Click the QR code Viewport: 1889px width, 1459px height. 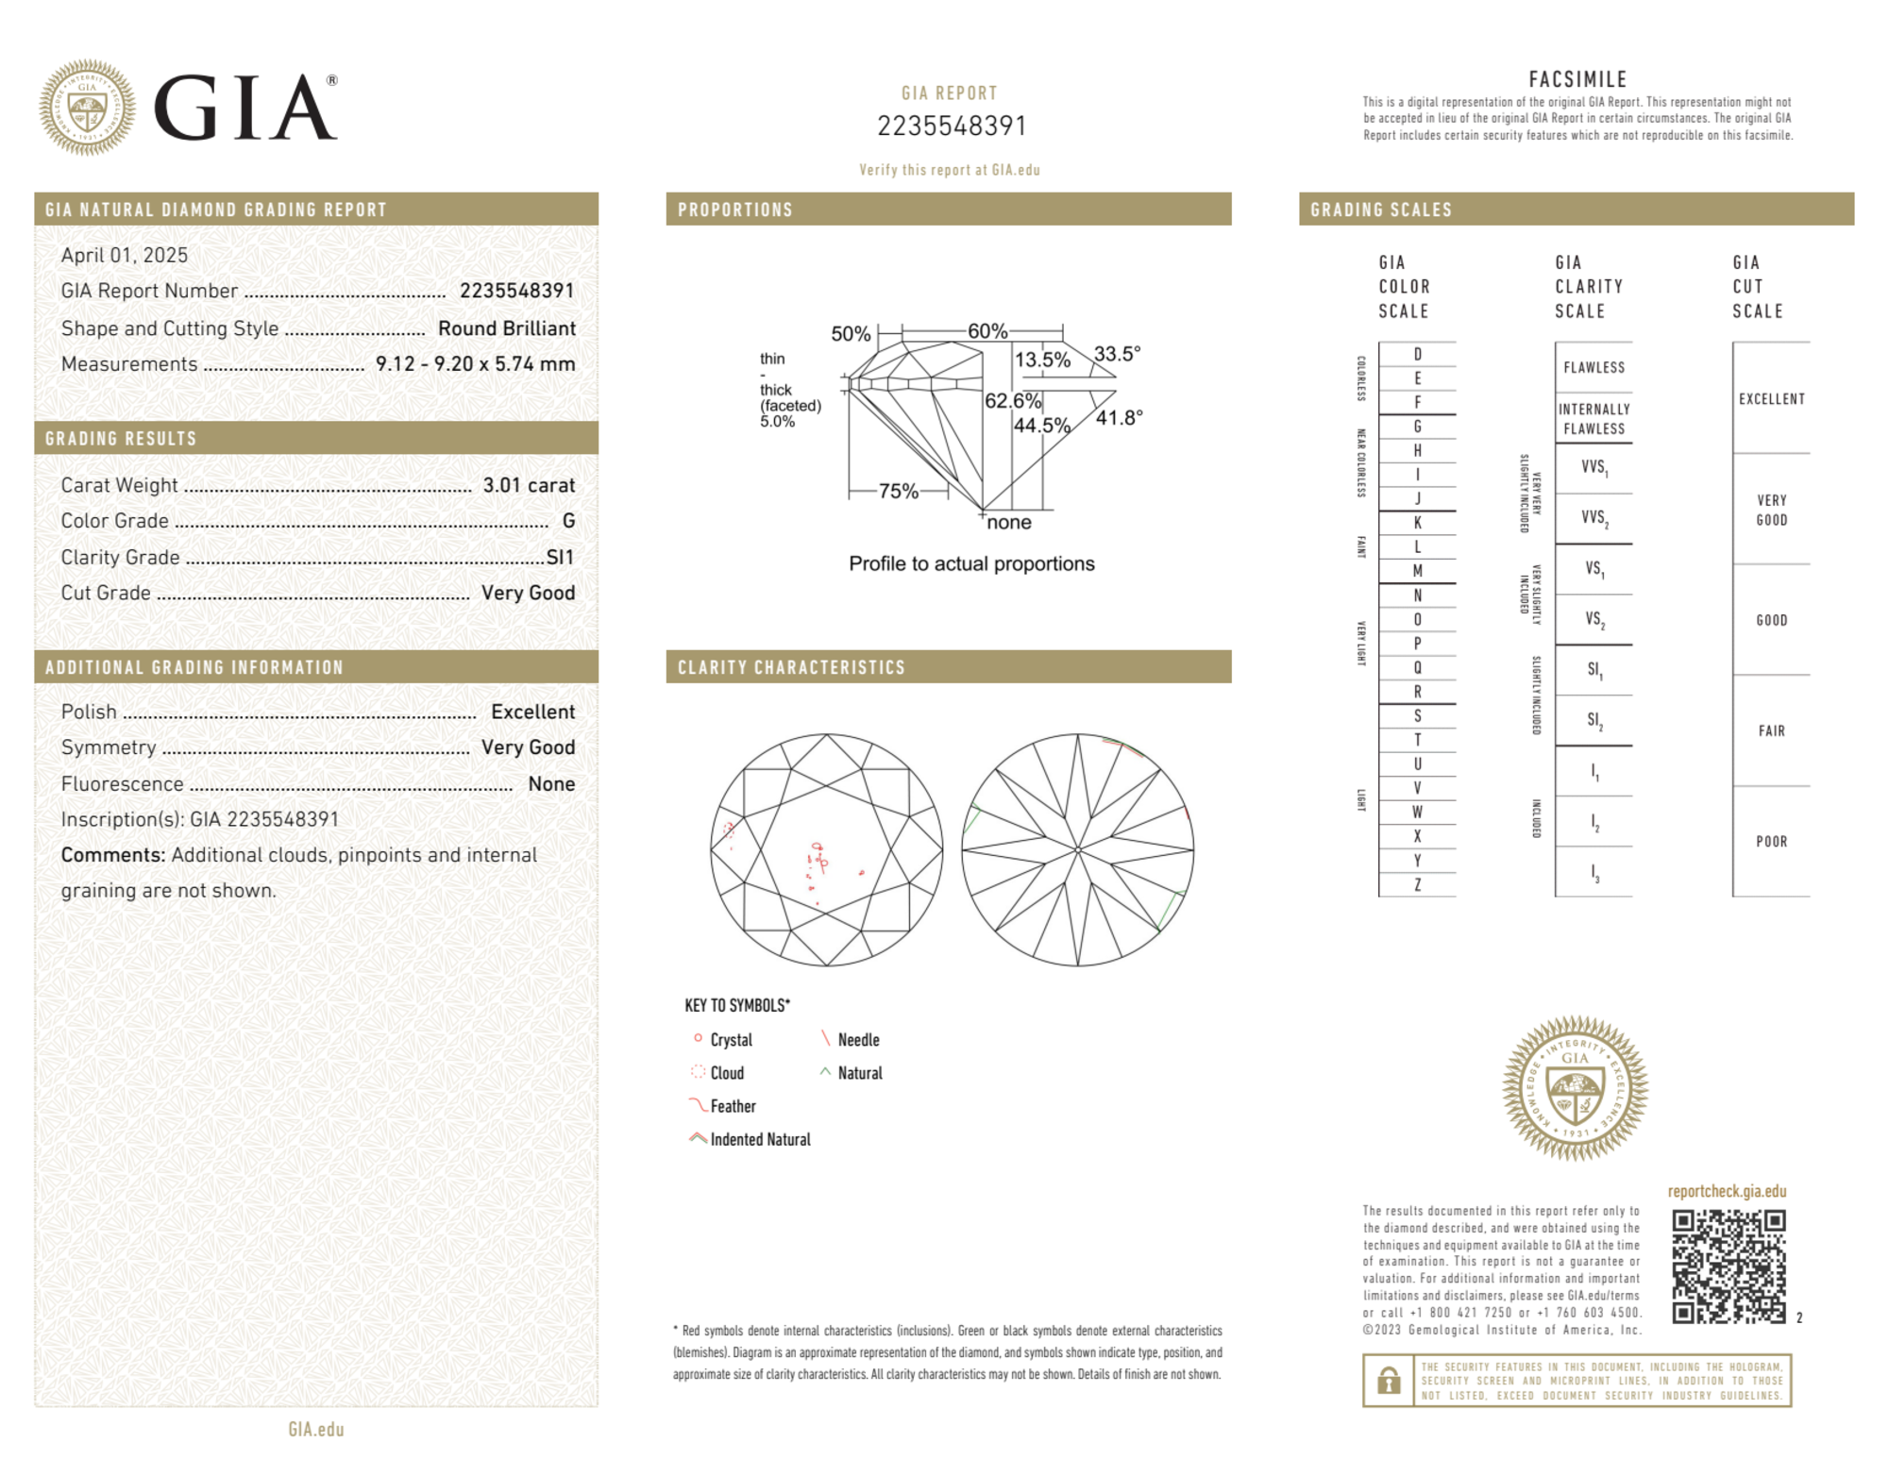click(1728, 1266)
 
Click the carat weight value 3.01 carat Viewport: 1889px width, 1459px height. click(529, 485)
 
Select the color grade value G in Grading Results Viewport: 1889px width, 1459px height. click(568, 521)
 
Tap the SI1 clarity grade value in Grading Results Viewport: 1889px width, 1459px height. click(560, 557)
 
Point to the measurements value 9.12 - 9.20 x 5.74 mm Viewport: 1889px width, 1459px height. click(475, 364)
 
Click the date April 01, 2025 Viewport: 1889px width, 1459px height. click(125, 255)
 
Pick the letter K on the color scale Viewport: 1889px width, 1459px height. click(1417, 523)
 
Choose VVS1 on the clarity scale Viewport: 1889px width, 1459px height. click(1594, 467)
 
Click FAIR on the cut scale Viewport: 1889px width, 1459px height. click(1771, 730)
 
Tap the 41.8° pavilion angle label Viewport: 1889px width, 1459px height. click(1119, 417)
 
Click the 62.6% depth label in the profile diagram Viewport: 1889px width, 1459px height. click(1012, 401)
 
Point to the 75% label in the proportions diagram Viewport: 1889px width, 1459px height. click(898, 491)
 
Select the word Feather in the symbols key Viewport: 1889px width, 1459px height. click(733, 1106)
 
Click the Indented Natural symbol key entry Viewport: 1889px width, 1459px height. click(760, 1139)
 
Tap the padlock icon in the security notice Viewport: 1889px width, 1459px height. click(1388, 1381)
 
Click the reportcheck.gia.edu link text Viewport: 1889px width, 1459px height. click(1727, 1191)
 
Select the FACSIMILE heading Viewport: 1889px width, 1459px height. click(1577, 79)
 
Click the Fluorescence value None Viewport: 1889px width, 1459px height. click(551, 783)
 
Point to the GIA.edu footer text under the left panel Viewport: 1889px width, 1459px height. click(316, 1429)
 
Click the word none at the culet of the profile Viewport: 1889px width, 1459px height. click(1008, 523)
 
